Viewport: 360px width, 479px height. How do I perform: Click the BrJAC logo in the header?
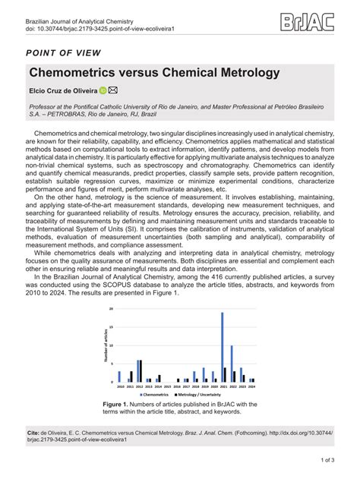308,22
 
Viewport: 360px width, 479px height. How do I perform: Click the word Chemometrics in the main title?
79,73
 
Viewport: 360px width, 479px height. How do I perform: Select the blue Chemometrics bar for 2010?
119,377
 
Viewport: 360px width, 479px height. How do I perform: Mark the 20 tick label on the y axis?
112,310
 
